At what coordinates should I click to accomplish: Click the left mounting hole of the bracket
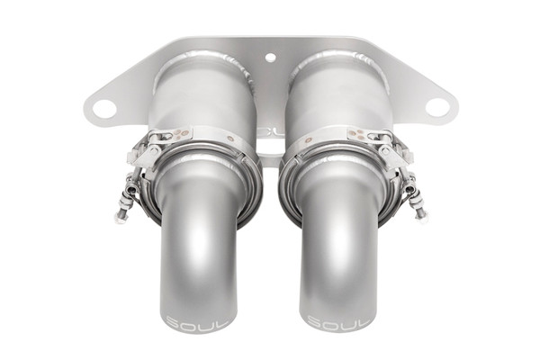(103, 109)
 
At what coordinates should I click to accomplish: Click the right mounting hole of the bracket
(436, 107)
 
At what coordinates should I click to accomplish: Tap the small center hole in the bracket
(270, 58)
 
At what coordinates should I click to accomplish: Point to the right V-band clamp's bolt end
(421, 214)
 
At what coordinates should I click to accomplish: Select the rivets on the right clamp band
(360, 134)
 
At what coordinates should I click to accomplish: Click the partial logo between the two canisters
(269, 132)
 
